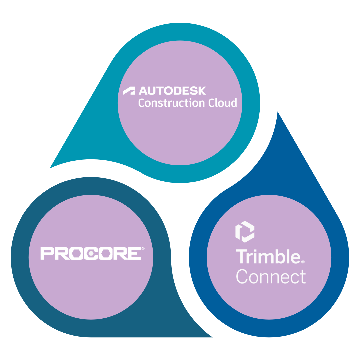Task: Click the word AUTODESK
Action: coord(172,91)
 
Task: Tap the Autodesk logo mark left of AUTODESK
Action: coord(129,91)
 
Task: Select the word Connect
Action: coord(271,276)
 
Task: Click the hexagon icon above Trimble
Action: coord(245,231)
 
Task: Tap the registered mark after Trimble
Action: coord(303,262)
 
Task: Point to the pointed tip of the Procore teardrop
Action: coord(212,337)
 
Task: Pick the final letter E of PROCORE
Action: coord(134,253)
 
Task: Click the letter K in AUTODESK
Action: coord(201,91)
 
